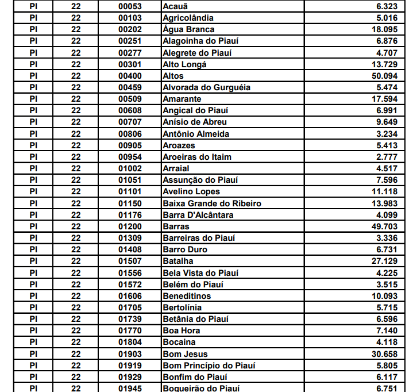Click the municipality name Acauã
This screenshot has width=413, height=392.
[175, 6]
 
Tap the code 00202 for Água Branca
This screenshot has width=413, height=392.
[130, 29]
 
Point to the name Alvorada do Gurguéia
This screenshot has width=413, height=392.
[207, 87]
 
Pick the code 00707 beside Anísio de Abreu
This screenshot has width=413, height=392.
[130, 122]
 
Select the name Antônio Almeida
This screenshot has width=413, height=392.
[196, 134]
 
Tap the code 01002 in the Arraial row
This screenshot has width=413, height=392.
[130, 168]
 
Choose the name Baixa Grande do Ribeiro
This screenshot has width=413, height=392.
[212, 203]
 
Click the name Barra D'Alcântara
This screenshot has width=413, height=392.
[198, 215]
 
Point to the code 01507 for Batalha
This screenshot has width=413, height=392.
[130, 261]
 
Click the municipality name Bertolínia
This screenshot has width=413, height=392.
[182, 308]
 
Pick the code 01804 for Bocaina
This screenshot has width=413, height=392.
[130, 343]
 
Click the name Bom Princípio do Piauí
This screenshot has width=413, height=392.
[209, 366]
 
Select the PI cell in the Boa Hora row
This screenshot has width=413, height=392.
[33, 330]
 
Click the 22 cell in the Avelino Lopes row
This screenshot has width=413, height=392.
[76, 191]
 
